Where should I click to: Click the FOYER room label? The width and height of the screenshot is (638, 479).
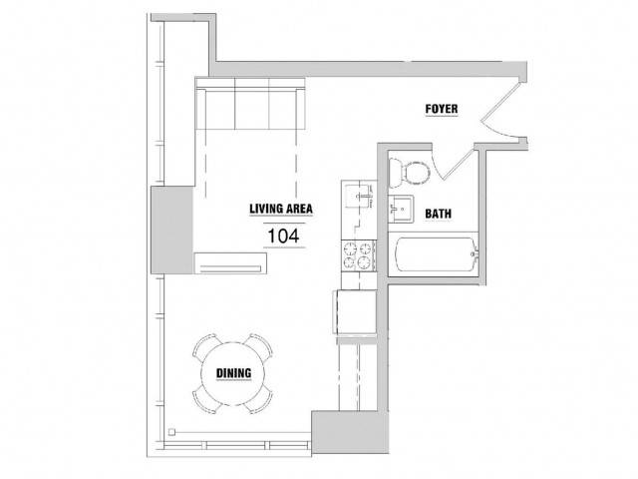(442, 109)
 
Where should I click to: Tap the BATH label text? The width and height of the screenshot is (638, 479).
(439, 214)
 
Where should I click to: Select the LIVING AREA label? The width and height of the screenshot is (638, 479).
(281, 209)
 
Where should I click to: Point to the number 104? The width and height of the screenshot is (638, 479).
(283, 236)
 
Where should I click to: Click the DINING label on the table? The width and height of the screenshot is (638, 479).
(233, 373)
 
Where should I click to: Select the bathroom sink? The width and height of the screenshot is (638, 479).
(401, 209)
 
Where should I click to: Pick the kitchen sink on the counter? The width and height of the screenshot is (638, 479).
(359, 197)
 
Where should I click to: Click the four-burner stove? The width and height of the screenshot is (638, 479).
(359, 255)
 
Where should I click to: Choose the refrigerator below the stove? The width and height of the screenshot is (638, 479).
(355, 312)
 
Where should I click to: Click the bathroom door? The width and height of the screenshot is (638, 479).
(453, 163)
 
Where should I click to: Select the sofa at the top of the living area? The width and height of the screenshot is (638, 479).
(250, 104)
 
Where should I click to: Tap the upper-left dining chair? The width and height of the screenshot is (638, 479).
(206, 346)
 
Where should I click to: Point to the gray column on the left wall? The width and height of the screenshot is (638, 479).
(172, 230)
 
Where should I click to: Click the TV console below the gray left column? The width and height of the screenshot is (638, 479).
(230, 263)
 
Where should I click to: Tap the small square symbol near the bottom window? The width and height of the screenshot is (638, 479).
(172, 432)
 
